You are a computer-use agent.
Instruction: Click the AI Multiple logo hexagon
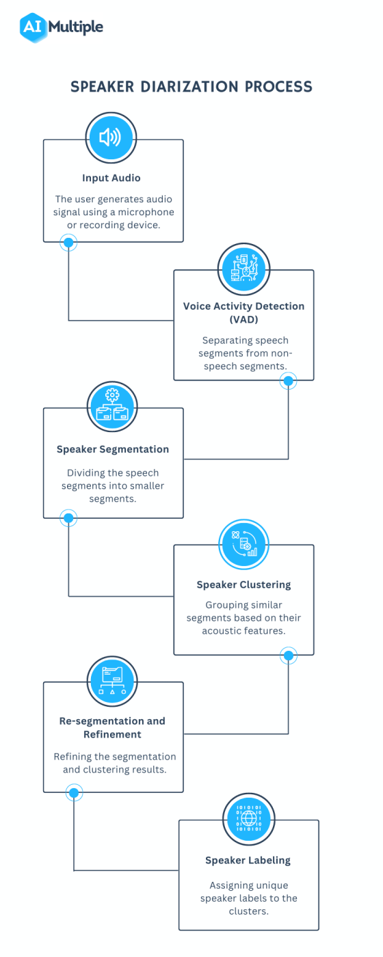[31, 27]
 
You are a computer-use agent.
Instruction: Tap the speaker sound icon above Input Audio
[110, 138]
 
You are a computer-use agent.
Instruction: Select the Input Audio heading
[111, 178]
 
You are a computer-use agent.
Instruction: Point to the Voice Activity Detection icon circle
[244, 268]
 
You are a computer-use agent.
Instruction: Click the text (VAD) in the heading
[243, 319]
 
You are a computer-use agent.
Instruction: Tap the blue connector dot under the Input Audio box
[68, 242]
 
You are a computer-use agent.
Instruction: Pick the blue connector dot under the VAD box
[289, 380]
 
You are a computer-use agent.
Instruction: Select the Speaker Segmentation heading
[113, 449]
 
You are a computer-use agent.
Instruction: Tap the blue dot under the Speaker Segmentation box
[68, 518]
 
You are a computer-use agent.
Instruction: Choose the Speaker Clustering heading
[243, 584]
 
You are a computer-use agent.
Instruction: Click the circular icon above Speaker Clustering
[243, 543]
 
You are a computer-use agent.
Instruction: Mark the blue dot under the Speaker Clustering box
[289, 656]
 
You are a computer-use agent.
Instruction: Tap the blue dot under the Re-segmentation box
[73, 792]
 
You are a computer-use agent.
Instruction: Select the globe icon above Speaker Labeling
[248, 818]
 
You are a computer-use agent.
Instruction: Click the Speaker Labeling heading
[248, 861]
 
